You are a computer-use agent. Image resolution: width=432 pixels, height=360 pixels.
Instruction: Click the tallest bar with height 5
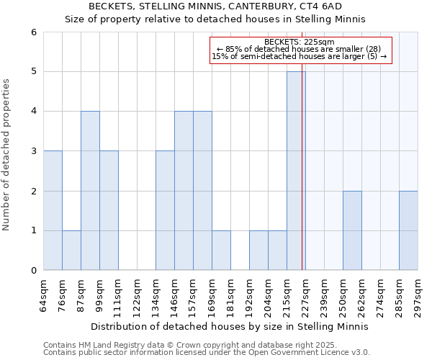tap(296, 171)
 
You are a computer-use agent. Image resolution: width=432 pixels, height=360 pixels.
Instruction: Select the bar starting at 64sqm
tap(53, 210)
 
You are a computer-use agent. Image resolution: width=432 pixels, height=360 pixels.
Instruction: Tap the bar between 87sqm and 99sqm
tap(90, 191)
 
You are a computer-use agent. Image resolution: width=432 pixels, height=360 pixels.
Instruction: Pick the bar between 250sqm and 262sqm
tap(352, 230)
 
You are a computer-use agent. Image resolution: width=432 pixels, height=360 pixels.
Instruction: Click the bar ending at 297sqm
tap(408, 230)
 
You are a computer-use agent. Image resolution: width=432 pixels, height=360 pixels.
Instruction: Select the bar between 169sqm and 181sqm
tap(221, 250)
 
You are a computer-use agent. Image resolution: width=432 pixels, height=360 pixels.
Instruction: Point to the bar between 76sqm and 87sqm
tap(71, 250)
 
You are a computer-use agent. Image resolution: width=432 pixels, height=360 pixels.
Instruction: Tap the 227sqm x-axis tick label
tap(306, 295)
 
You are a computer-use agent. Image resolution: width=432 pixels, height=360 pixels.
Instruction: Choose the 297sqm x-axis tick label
tap(418, 295)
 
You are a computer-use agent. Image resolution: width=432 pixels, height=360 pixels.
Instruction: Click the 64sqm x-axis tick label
tap(44, 295)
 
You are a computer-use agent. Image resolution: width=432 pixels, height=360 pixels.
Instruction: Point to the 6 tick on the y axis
tap(33, 32)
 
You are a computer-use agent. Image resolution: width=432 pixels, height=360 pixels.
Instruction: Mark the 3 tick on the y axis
tap(33, 151)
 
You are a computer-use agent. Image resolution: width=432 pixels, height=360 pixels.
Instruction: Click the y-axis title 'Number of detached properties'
tap(8, 155)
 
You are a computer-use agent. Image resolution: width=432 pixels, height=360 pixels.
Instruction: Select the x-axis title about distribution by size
tap(230, 326)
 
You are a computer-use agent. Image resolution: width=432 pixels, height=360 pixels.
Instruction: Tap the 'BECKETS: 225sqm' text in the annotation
tap(300, 42)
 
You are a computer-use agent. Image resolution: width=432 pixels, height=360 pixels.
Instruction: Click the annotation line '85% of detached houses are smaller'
tap(300, 49)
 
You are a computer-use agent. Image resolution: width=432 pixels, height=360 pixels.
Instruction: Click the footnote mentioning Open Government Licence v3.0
tap(207, 353)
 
